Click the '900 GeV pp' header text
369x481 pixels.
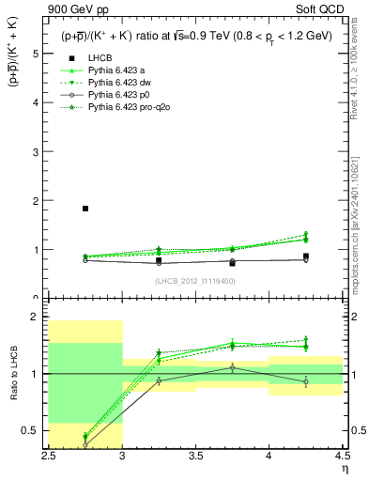point(76,9)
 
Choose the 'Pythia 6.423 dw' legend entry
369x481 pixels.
point(120,82)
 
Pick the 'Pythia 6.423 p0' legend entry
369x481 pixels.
point(119,95)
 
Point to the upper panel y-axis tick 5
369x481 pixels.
point(37,54)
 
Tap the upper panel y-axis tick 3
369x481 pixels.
point(37,152)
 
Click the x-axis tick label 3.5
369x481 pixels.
point(195,456)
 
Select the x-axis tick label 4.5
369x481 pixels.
point(342,456)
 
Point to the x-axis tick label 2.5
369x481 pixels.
point(49,456)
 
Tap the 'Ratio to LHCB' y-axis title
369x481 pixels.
point(12,374)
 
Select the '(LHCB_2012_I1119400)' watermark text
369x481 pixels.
point(195,281)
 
